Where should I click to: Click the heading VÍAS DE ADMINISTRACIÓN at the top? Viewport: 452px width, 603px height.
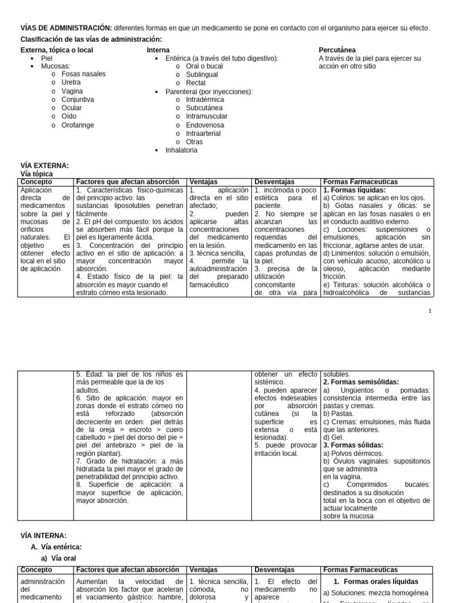(x=66, y=28)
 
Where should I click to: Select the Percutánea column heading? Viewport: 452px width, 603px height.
(x=337, y=50)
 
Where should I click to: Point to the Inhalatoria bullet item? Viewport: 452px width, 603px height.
(x=181, y=150)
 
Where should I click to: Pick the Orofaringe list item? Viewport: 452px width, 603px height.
(x=78, y=125)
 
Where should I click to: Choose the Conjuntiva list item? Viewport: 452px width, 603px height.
(x=78, y=100)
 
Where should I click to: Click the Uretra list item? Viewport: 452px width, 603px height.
(x=71, y=82)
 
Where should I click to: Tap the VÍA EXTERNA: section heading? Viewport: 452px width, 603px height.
(x=45, y=166)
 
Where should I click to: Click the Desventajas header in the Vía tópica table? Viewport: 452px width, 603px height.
(x=274, y=182)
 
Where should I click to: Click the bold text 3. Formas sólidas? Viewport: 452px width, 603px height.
(x=353, y=445)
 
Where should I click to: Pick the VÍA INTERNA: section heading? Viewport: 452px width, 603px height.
(x=44, y=535)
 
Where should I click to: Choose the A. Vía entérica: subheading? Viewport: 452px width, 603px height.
(x=56, y=547)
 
